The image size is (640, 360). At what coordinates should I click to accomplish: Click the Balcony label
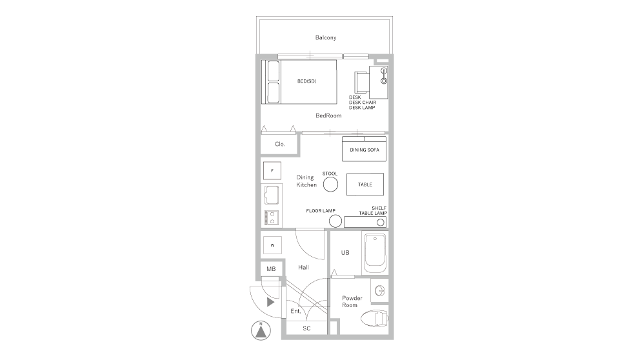[325, 37]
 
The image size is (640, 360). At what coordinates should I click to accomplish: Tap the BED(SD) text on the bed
[306, 81]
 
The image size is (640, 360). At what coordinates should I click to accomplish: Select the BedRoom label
[328, 116]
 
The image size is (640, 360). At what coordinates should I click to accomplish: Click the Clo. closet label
[280, 144]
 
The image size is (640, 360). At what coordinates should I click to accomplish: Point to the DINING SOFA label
[364, 150]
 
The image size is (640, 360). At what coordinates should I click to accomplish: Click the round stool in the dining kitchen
[330, 185]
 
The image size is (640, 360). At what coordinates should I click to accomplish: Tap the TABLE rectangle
[365, 185]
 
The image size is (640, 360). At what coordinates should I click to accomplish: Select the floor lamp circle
[335, 221]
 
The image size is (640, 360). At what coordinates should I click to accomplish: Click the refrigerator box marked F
[272, 170]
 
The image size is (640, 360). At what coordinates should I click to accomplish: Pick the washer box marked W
[272, 245]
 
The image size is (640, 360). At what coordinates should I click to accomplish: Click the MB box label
[271, 268]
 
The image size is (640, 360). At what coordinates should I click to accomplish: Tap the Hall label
[304, 267]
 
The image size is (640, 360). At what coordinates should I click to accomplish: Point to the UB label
[345, 253]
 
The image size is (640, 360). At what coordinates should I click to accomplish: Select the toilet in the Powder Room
[375, 317]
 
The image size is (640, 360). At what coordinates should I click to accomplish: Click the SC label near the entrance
[306, 328]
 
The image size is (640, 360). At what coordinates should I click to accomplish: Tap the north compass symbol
[259, 331]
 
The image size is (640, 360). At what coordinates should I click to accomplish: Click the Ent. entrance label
[296, 311]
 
